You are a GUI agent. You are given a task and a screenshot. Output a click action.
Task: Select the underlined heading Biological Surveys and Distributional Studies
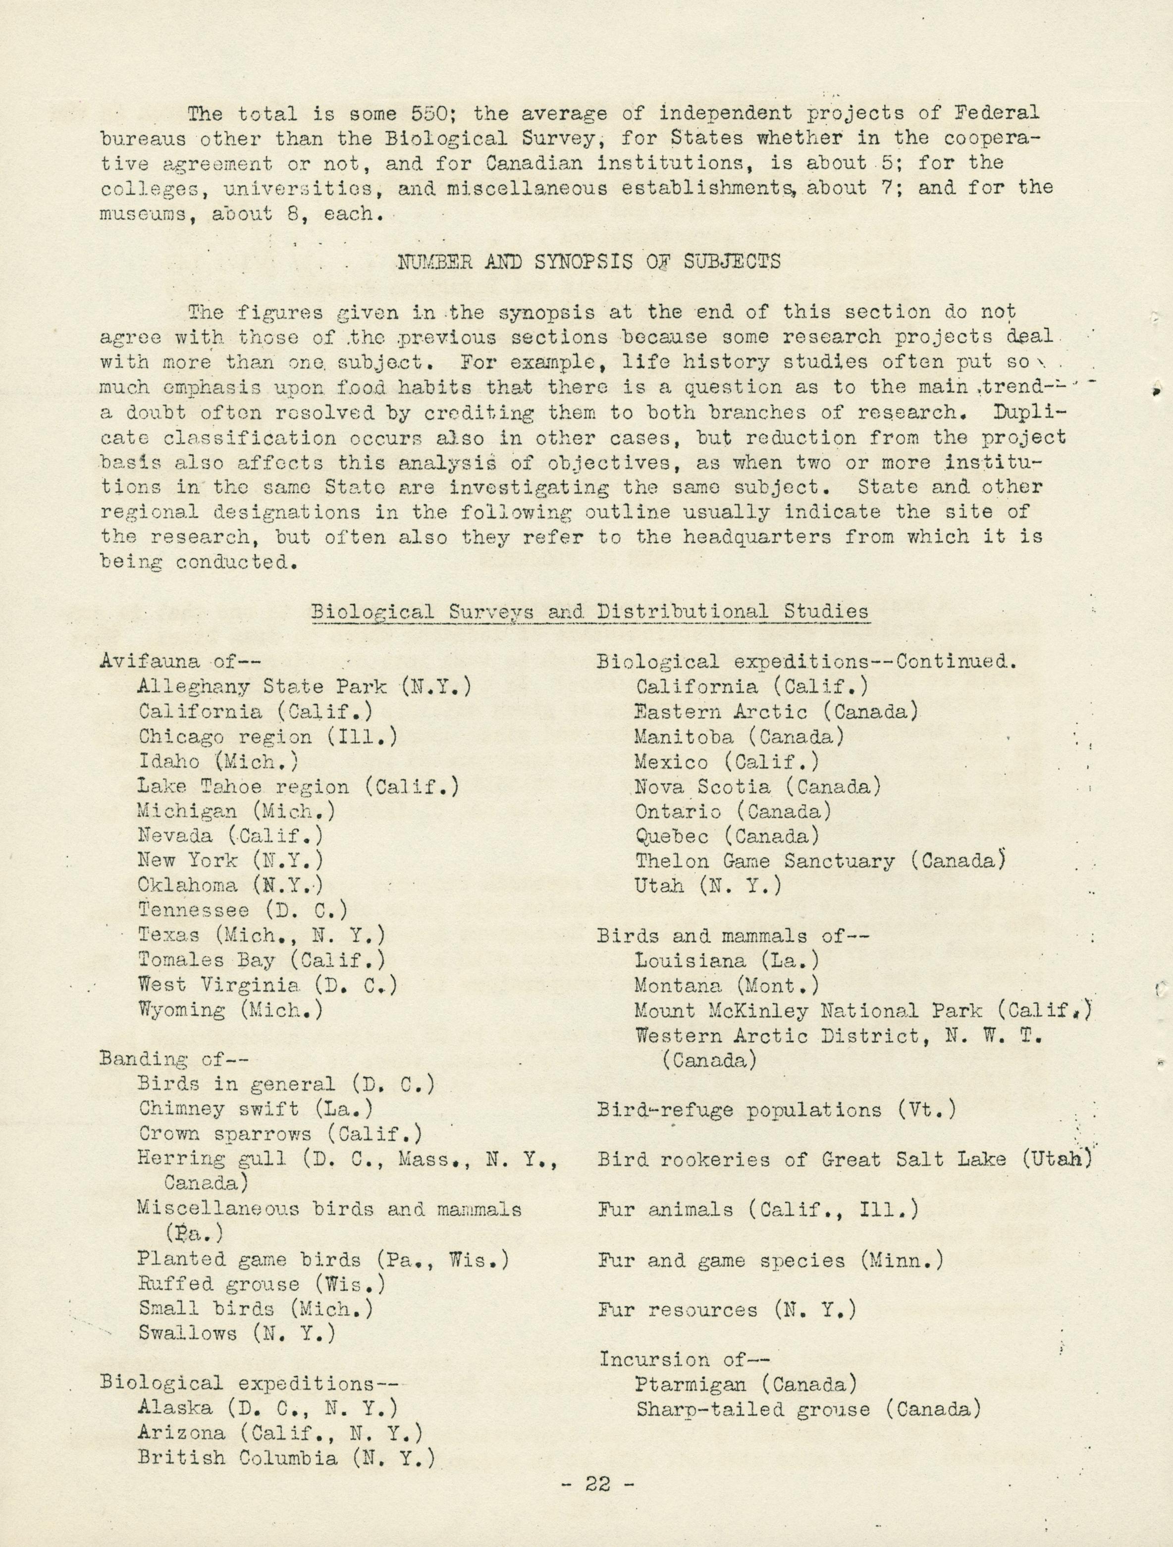click(589, 611)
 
